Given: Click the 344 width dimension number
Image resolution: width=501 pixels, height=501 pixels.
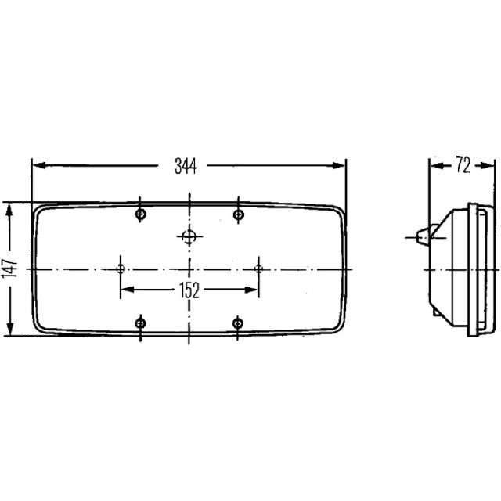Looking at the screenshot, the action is [x=186, y=166].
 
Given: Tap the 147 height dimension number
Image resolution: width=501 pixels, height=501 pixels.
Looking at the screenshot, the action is [x=9, y=269].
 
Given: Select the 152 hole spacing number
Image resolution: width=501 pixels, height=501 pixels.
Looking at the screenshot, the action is [x=189, y=290].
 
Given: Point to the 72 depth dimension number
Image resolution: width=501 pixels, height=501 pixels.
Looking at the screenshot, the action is [x=463, y=165].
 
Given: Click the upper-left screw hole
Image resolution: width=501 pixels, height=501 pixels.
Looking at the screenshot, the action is [x=141, y=214].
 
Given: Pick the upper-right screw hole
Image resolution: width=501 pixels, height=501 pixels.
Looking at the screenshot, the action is [x=238, y=214].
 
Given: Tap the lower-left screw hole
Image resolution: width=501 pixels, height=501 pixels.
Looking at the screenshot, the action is [x=140, y=323].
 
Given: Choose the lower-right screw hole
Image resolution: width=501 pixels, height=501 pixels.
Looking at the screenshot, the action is [x=238, y=323].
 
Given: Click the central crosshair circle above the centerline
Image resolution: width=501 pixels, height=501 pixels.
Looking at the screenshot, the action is [x=189, y=236].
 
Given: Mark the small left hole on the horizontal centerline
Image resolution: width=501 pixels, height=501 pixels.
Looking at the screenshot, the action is [x=121, y=269].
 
